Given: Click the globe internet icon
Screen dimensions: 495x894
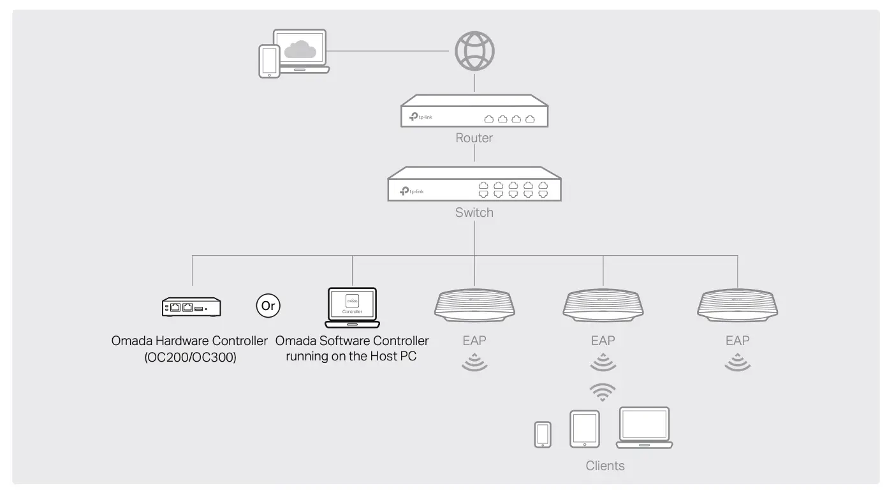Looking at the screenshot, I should [474, 50].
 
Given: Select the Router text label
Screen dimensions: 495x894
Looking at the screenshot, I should [474, 138].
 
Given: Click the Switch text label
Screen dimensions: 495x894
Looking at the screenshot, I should [474, 212].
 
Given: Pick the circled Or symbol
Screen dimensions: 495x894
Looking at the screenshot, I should [268, 306].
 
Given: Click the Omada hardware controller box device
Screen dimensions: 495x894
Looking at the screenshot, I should [191, 307].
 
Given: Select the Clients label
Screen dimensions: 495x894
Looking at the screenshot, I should [605, 466].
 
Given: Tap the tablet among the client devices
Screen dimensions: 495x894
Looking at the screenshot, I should [585, 429].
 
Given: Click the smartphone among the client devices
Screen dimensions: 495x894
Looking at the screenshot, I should [543, 434].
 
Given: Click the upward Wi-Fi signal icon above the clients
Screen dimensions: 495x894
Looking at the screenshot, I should [602, 392].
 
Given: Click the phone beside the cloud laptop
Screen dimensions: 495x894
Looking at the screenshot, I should [268, 61].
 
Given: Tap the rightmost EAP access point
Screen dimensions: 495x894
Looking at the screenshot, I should [738, 305].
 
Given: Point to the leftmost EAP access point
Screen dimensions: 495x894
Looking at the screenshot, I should [474, 305].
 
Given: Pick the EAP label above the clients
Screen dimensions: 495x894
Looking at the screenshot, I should [603, 341].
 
